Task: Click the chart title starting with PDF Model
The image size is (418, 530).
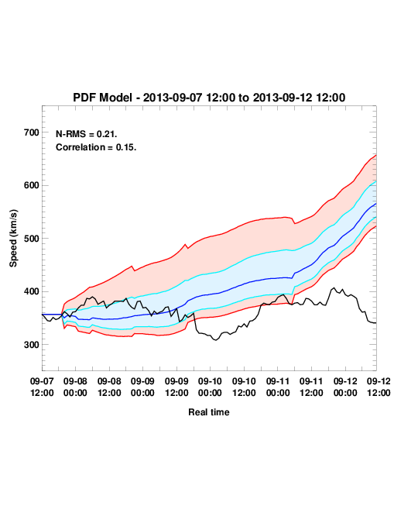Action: (x=209, y=98)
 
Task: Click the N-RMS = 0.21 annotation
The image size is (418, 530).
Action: (x=87, y=134)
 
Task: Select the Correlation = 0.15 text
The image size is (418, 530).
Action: (x=96, y=147)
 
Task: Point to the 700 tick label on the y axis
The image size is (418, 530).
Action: (x=32, y=132)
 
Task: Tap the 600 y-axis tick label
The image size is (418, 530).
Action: (x=32, y=185)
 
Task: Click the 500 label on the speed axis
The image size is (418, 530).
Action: (x=32, y=239)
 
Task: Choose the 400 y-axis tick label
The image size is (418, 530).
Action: (x=32, y=291)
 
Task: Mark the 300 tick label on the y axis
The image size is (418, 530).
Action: (x=32, y=345)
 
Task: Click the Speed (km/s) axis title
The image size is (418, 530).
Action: (x=13, y=239)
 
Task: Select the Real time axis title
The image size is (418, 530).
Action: (x=209, y=412)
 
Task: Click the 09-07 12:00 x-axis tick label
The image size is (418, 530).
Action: (x=42, y=387)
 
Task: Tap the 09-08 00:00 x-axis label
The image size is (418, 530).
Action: (x=75, y=387)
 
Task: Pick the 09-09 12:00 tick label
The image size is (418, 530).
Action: (x=176, y=387)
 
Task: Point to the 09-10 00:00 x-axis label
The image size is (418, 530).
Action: (x=210, y=387)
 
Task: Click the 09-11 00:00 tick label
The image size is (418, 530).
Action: (x=278, y=387)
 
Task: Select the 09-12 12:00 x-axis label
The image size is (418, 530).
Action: (x=379, y=387)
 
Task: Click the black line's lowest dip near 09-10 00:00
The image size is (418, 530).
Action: (x=215, y=340)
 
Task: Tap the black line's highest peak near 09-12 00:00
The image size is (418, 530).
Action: (x=334, y=288)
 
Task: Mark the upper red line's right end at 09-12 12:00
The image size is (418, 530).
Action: (x=376, y=155)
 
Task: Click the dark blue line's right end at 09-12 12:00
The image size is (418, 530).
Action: (x=376, y=204)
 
